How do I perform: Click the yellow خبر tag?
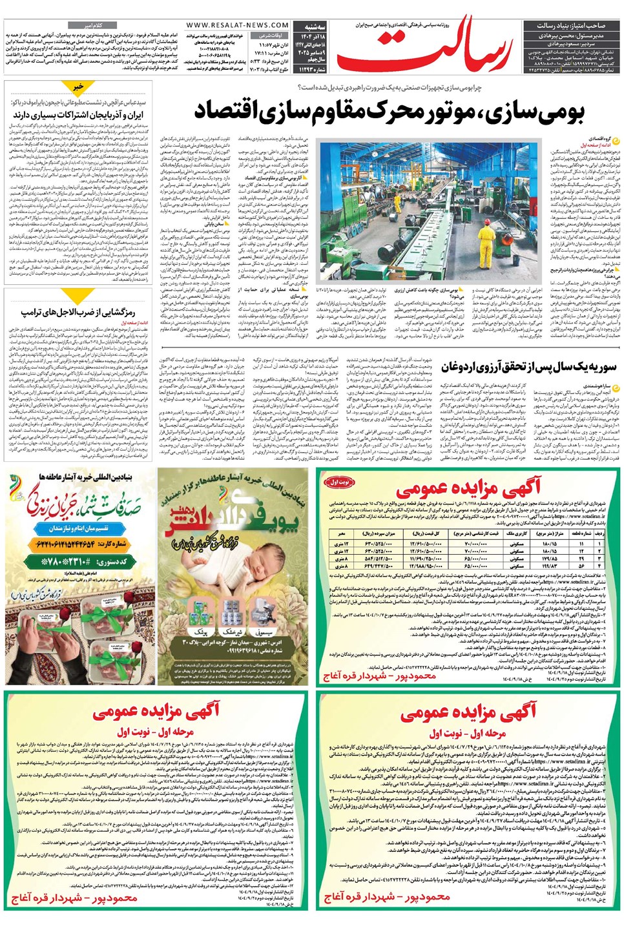point(78,86)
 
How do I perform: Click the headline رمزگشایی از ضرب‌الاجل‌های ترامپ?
point(78,313)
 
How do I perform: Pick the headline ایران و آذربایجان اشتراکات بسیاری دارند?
point(78,114)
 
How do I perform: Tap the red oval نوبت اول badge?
point(340,482)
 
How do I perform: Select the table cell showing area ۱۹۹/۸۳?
point(550,566)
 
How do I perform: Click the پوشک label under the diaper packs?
point(202,634)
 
